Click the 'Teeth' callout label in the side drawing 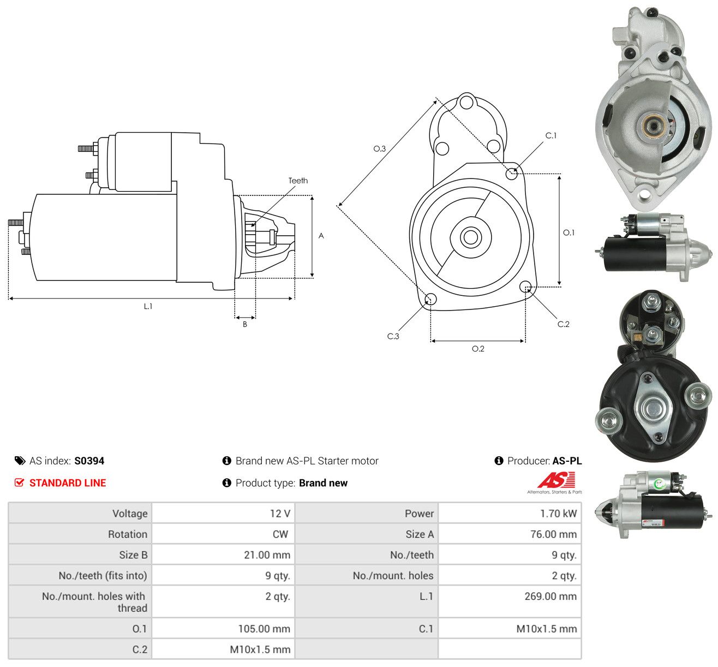[298, 181]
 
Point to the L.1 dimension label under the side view [148, 306]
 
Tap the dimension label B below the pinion [245, 324]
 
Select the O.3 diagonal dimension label [379, 148]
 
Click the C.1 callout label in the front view [551, 136]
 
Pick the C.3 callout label [393, 336]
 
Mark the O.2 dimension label [478, 349]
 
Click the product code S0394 [89, 461]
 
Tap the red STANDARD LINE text [68, 483]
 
